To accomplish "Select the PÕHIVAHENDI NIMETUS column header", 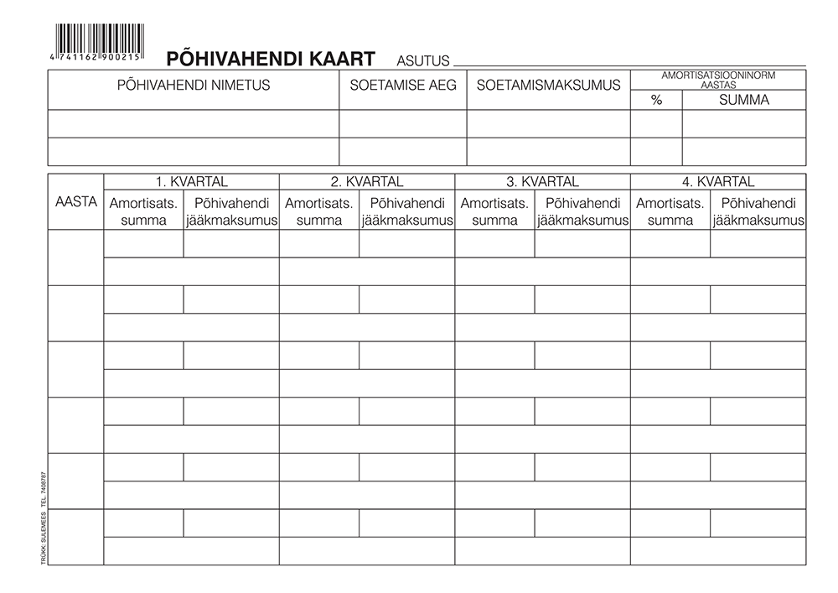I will click(x=194, y=85).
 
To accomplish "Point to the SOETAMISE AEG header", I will click(x=402, y=85).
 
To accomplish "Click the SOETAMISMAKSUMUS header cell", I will click(x=548, y=85).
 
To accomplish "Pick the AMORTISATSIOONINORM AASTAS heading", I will click(x=718, y=80).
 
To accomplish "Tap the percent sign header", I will click(x=656, y=101).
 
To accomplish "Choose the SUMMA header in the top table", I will click(x=744, y=101).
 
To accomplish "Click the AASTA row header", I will click(x=76, y=201).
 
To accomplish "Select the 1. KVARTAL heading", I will click(x=191, y=181).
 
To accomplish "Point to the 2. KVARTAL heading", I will click(x=367, y=181).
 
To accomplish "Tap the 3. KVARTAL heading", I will click(x=542, y=181).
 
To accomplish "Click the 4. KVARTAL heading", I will click(x=718, y=181).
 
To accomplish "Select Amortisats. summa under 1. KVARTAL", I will click(x=143, y=211).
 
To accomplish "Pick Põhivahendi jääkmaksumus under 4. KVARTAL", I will click(x=758, y=211).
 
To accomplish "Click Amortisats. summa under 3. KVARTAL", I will click(x=494, y=211).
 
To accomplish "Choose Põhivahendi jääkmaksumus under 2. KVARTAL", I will click(x=406, y=211).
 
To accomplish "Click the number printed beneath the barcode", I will click(x=99, y=54).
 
